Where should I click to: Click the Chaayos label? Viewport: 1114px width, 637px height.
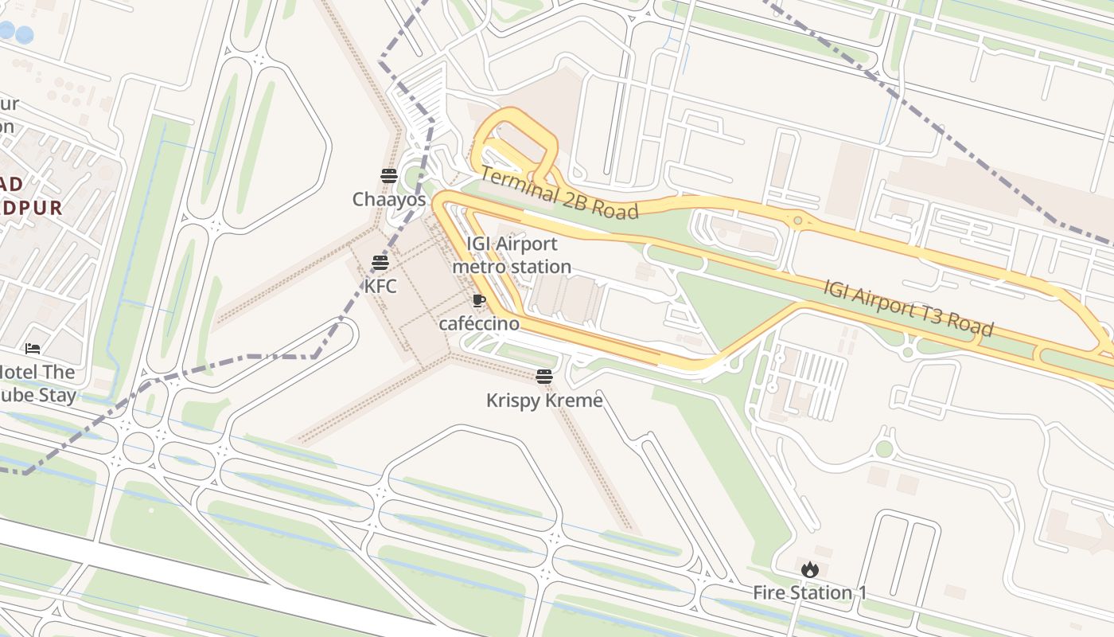[389, 199]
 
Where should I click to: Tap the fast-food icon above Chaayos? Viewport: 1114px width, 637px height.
[389, 176]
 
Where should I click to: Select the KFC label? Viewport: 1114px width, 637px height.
[380, 286]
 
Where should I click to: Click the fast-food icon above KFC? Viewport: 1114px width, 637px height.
[380, 263]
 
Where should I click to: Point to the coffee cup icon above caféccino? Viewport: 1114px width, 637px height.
[478, 300]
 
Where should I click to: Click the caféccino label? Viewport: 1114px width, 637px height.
[479, 323]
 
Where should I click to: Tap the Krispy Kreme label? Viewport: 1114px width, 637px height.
[544, 400]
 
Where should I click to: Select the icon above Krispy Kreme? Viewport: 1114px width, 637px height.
[544, 376]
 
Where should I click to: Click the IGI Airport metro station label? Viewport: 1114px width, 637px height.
[512, 255]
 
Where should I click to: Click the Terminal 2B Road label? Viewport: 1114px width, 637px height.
[559, 193]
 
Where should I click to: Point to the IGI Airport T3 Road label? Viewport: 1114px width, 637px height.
[908, 307]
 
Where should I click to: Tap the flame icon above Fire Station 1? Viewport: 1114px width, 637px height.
[810, 569]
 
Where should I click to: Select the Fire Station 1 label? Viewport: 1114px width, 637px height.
[809, 593]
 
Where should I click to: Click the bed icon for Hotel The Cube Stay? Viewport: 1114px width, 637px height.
[33, 349]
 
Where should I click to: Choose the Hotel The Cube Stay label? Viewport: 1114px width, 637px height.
[37, 383]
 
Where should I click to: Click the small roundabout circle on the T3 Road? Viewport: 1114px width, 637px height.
[797, 220]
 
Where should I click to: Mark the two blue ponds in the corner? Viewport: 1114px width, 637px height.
[16, 33]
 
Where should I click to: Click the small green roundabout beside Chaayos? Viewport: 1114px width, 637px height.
[413, 177]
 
